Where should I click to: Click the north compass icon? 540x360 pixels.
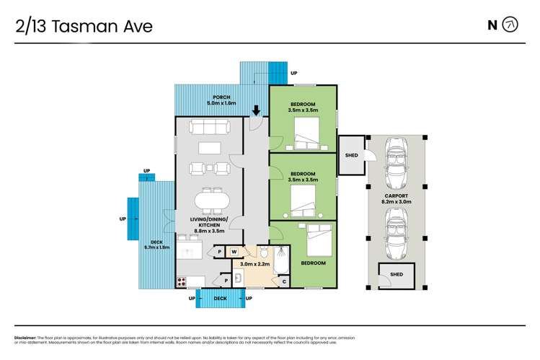pos(510,25)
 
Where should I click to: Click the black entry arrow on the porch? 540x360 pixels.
pos(256,110)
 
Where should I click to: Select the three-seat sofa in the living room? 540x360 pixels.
pos(208,127)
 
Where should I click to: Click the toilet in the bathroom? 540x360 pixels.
pos(264,253)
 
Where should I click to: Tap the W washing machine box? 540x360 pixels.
pos(234,252)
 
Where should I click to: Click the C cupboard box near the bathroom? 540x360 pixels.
pos(283,281)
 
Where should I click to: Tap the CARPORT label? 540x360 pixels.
pos(396,196)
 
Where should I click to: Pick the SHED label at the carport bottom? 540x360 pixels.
pos(396,274)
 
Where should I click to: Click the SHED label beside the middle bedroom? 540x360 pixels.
pos(352,155)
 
